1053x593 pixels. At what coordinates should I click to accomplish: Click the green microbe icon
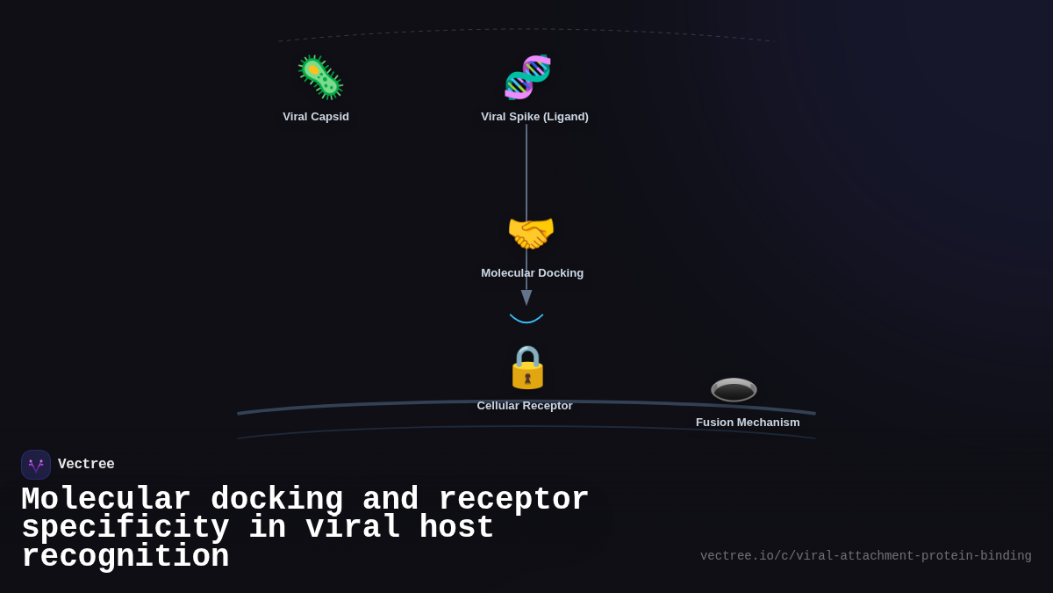320,77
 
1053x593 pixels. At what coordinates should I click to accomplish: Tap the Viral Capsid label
316,117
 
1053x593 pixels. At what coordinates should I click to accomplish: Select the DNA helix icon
527,77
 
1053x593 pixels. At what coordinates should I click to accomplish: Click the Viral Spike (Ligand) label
534,117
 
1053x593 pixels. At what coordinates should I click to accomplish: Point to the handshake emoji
531,234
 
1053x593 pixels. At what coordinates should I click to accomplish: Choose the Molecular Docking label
532,273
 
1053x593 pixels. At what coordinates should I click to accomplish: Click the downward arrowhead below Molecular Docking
526,298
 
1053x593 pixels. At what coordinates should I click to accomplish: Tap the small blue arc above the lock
526,319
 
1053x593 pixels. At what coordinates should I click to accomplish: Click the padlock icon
527,367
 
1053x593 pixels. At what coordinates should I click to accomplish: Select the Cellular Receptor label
525,406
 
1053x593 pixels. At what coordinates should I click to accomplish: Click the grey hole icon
734,389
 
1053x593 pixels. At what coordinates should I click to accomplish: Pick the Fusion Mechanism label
748,423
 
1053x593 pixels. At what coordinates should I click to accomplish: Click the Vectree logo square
36,465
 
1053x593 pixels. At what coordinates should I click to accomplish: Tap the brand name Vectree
86,465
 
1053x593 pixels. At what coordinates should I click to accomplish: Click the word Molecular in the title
105,500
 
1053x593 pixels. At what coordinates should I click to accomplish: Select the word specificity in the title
125,528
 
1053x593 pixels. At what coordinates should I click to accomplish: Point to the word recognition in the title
125,557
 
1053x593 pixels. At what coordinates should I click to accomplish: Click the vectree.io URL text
865,556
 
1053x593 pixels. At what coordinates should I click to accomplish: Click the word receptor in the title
513,500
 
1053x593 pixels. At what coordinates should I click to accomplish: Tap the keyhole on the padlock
527,379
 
